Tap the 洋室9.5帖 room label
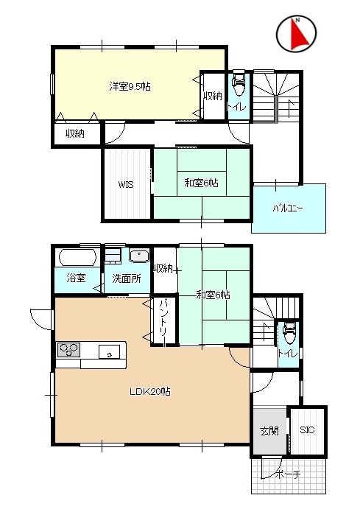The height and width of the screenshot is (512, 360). click(x=130, y=86)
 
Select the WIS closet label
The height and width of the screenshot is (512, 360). click(x=126, y=184)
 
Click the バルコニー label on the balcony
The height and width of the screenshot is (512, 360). click(x=288, y=208)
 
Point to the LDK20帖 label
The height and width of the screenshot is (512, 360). click(x=150, y=391)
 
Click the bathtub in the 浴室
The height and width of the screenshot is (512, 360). click(x=77, y=258)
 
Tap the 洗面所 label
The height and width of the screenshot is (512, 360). click(x=127, y=278)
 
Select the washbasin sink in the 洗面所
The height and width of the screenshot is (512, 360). click(x=139, y=255)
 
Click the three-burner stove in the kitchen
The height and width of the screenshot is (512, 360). click(x=69, y=350)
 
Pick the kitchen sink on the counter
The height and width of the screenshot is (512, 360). click(x=110, y=352)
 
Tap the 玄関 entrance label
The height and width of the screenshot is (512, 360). click(x=269, y=432)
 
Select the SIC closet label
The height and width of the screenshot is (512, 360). click(x=307, y=429)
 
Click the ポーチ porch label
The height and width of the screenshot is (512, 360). click(x=288, y=474)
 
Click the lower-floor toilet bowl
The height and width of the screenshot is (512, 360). click(x=289, y=332)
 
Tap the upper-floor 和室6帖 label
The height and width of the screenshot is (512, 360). click(x=202, y=183)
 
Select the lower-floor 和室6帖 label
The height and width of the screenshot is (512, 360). click(x=213, y=295)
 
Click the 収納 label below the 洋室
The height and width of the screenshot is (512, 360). click(x=75, y=133)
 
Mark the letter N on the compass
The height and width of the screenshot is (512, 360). click(x=297, y=20)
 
